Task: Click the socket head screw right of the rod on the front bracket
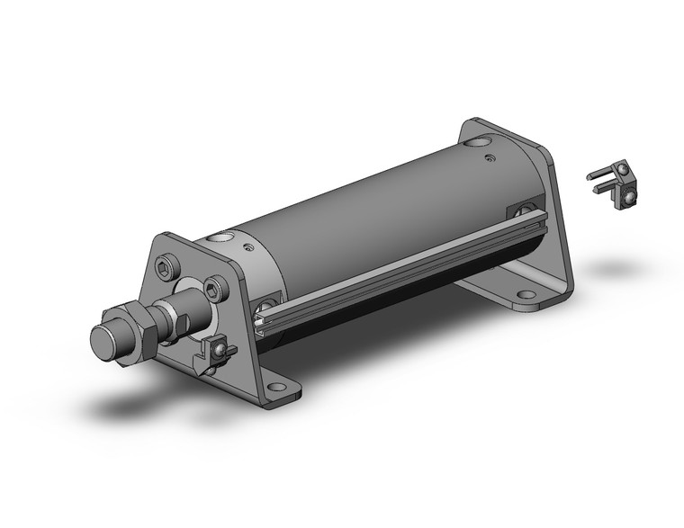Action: click(x=212, y=289)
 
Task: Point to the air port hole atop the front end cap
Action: click(x=218, y=239)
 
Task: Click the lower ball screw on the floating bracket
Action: click(x=631, y=197)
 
